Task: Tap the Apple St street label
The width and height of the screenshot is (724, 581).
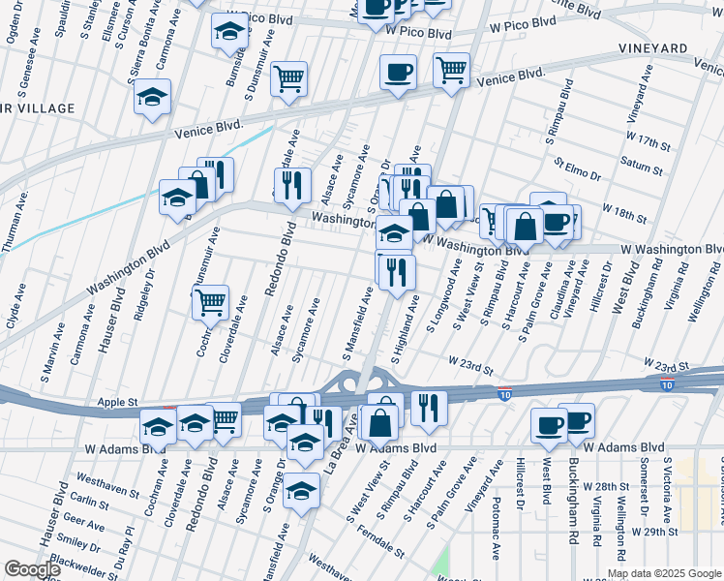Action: pyautogui.click(x=118, y=401)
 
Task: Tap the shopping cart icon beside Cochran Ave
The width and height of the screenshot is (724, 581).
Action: pyautogui.click(x=210, y=302)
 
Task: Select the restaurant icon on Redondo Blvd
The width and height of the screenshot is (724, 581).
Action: pyautogui.click(x=291, y=184)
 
